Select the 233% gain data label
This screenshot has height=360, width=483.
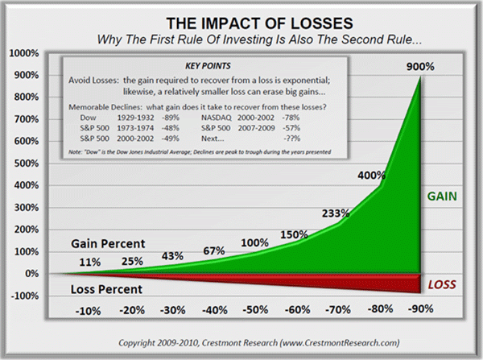coord(335,213)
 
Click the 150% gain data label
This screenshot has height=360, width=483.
coord(295,234)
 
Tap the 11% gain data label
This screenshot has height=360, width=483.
coord(90,262)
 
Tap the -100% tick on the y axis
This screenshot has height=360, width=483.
coord(30,296)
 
